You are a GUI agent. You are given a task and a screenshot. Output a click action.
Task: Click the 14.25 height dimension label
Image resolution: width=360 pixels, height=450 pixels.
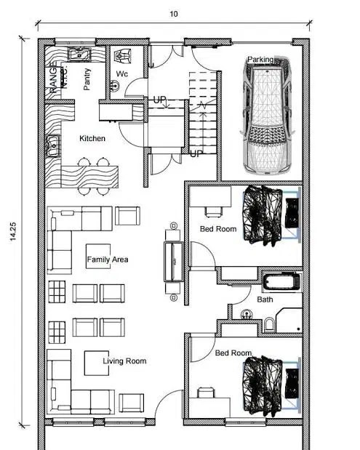13,231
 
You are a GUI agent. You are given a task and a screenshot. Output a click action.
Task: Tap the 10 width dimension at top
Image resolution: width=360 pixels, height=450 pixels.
174,14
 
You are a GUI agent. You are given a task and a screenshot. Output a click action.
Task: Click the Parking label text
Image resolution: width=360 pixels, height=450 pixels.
260,60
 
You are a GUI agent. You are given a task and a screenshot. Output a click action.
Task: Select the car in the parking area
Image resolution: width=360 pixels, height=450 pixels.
268,116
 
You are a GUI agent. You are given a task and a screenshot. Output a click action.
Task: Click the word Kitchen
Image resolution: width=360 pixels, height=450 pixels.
92,138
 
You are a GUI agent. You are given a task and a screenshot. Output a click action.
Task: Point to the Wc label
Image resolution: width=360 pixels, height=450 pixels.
121,73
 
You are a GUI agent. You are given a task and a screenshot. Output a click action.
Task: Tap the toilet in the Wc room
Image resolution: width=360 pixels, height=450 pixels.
123,56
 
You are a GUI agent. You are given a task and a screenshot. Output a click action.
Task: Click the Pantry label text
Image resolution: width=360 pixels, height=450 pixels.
87,79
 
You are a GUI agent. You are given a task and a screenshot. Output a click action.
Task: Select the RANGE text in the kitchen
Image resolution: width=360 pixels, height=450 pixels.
53,80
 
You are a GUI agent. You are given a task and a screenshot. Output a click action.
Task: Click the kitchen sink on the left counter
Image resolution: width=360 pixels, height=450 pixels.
53,146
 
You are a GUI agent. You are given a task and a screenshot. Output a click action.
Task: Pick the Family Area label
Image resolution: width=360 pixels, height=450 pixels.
108,260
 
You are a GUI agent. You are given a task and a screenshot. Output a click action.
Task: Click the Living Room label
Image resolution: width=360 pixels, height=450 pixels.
124,361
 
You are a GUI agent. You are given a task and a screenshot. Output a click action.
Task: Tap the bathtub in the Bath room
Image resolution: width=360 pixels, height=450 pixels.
282,281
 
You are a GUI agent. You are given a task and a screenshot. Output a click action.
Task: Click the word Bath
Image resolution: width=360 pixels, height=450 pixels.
265,300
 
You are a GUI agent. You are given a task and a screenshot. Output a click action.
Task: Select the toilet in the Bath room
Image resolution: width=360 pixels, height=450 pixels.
269,324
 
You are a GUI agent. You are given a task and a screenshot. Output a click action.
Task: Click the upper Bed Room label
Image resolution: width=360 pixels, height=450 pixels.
218,229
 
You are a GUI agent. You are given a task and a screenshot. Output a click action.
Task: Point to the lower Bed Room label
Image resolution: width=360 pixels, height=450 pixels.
233,353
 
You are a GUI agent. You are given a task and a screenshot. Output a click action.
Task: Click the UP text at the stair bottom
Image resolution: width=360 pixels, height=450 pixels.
196,154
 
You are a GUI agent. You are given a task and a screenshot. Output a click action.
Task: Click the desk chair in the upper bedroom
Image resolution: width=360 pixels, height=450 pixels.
214,212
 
